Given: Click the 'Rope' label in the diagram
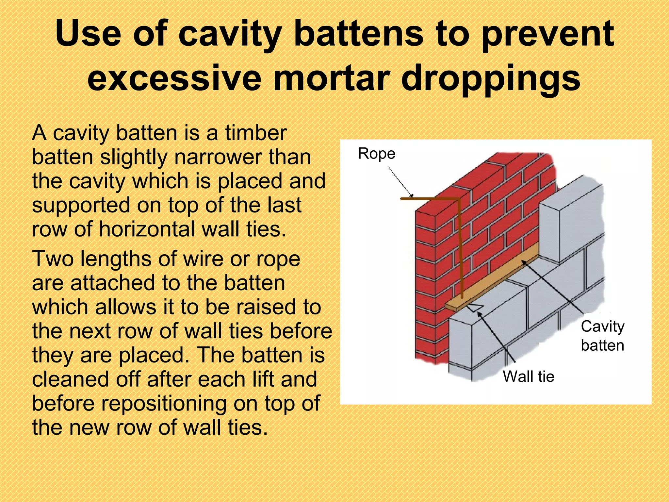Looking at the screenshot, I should tap(376, 153).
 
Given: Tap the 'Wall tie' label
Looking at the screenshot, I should tap(528, 376).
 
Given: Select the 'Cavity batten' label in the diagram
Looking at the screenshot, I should tap(602, 336).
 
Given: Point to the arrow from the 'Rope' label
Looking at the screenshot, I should tap(400, 181).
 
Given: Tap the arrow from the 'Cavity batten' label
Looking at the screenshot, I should tap(552, 288).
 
